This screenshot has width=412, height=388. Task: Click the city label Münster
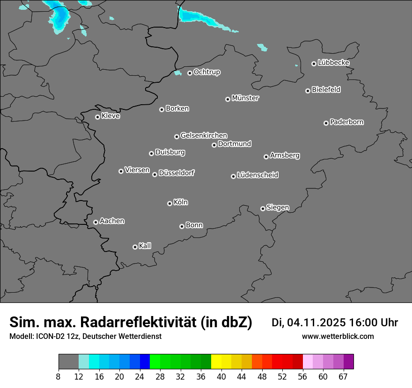[245, 98]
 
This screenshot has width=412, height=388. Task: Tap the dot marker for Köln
[169, 203]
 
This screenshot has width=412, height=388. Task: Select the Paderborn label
[346, 122]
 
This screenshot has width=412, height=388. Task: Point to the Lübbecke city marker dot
[314, 64]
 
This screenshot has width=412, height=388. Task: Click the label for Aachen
[112, 221]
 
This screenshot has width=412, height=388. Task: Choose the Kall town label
[145, 246]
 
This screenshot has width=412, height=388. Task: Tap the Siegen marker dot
[263, 208]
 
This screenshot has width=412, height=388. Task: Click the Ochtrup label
[207, 72]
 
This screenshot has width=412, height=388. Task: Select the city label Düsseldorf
[177, 173]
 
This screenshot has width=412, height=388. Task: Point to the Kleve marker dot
[97, 117]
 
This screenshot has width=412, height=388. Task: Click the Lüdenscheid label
[257, 175]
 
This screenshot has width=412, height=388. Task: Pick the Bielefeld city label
[326, 90]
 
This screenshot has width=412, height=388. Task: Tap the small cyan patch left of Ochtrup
[177, 73]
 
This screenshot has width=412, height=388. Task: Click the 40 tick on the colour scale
[221, 376]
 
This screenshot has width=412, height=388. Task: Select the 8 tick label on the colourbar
[59, 376]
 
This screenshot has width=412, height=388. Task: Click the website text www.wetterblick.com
[338, 336]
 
